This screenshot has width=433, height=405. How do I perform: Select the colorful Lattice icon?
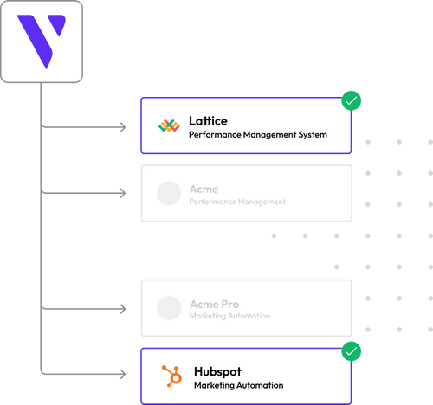coord(169,126)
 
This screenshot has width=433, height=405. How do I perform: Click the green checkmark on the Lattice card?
coord(351,101)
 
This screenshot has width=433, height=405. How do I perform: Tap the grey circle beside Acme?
coord(169,194)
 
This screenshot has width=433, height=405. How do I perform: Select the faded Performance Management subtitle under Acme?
coord(236,202)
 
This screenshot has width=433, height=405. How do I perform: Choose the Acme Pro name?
coord(214,304)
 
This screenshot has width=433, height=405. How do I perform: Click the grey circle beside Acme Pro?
coord(169,309)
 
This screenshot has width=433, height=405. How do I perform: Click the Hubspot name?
coord(217,370)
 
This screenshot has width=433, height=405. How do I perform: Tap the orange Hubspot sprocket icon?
coord(169,376)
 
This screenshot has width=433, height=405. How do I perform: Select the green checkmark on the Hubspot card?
coord(351,351)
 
